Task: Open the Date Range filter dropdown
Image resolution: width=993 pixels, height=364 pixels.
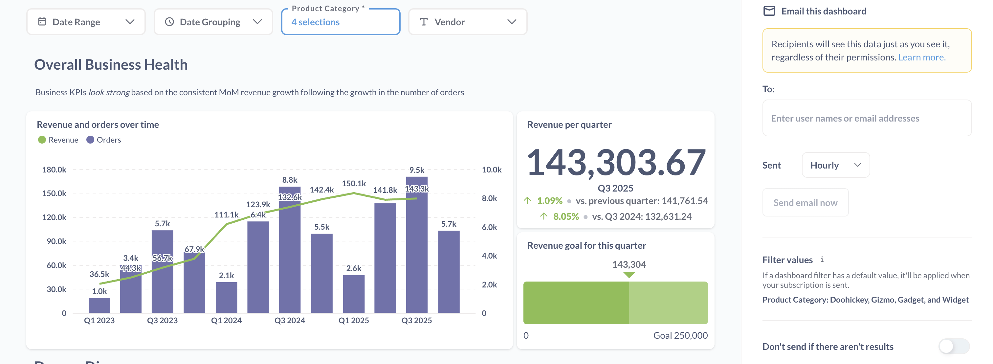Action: pyautogui.click(x=86, y=22)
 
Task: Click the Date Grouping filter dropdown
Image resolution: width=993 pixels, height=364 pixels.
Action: pyautogui.click(x=213, y=22)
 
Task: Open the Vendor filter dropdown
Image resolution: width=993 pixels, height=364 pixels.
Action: pyautogui.click(x=467, y=22)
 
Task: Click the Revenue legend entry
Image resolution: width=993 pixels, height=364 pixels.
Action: pyautogui.click(x=58, y=140)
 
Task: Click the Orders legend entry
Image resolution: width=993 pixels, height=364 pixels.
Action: pyautogui.click(x=104, y=140)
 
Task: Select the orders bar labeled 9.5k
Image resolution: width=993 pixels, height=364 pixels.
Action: pyautogui.click(x=416, y=247)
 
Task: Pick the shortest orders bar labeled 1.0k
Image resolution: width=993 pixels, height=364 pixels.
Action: pyautogui.click(x=99, y=306)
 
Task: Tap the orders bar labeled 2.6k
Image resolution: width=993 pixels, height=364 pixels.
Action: pyautogui.click(x=353, y=294)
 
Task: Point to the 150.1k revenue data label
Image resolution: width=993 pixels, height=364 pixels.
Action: pyautogui.click(x=353, y=184)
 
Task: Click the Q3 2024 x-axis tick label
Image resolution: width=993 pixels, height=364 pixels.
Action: pyautogui.click(x=290, y=320)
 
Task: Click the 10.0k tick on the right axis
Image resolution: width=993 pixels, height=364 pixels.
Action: pyautogui.click(x=492, y=170)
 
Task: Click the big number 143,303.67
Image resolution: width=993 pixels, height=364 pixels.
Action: pyautogui.click(x=615, y=163)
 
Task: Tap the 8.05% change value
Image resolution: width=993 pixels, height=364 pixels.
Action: pyautogui.click(x=565, y=217)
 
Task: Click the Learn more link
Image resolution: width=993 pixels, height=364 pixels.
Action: pyautogui.click(x=921, y=57)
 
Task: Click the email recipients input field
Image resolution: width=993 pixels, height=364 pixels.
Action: pyautogui.click(x=867, y=118)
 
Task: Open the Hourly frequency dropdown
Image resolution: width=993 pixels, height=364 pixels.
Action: pyautogui.click(x=835, y=165)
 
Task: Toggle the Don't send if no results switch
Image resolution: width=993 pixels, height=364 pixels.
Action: pyautogui.click(x=954, y=346)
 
